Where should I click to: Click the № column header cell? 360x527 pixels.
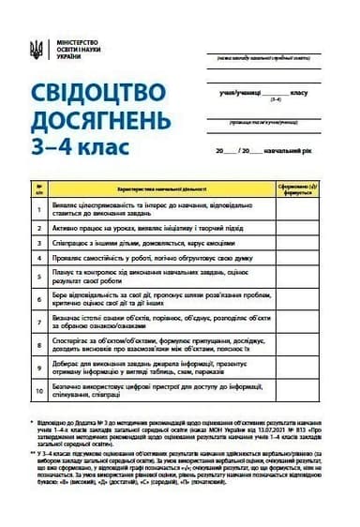click(39, 188)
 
